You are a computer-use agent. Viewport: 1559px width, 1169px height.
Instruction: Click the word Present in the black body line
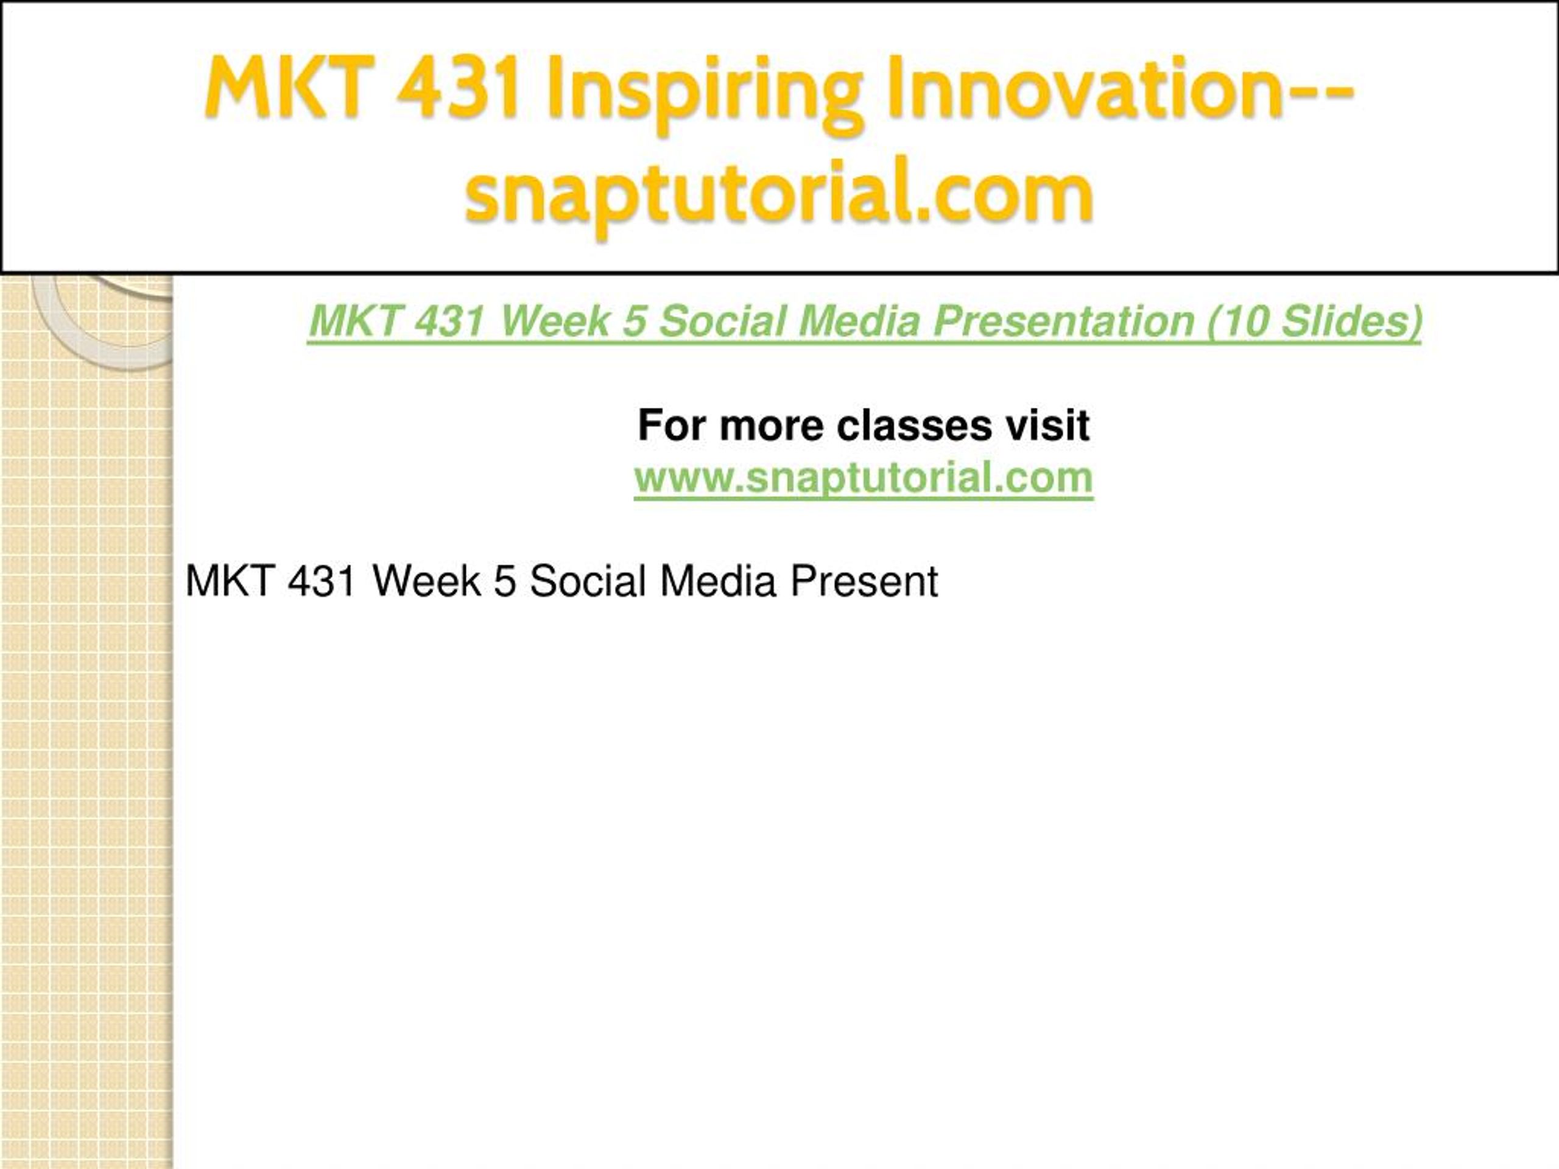tap(864, 581)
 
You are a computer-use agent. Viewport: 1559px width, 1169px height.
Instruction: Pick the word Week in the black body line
tap(427, 581)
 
